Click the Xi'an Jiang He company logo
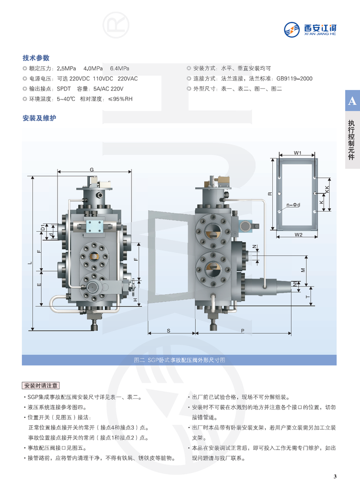(x=310, y=30)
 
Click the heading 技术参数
(x=36, y=58)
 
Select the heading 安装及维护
(x=40, y=118)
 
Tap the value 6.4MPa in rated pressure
(x=120, y=69)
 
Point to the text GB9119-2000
(x=294, y=79)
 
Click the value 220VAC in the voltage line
(x=128, y=79)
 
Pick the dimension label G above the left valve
(x=92, y=170)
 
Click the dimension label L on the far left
(x=30, y=263)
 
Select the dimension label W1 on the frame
(x=298, y=153)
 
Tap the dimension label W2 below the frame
(x=299, y=234)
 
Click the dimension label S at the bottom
(x=169, y=331)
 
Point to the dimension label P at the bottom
(x=242, y=331)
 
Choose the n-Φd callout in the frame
(x=293, y=205)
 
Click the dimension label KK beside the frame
(x=327, y=189)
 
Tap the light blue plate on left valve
(x=94, y=226)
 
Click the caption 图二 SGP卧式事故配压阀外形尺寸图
(x=180, y=360)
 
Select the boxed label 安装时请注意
(x=41, y=386)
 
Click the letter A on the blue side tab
(x=352, y=101)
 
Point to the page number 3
(x=335, y=476)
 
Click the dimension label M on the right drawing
(x=303, y=270)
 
